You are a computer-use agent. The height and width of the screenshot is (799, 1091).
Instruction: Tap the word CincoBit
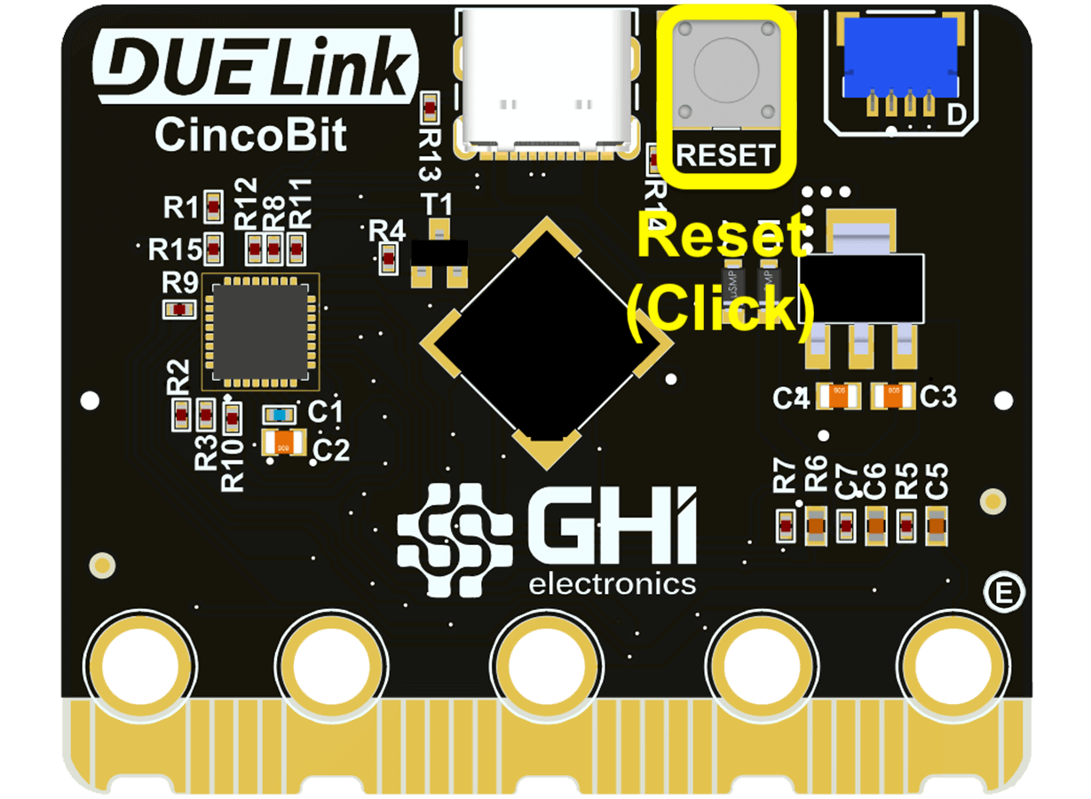(x=250, y=136)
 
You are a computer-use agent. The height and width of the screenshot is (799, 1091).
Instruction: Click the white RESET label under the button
(x=725, y=155)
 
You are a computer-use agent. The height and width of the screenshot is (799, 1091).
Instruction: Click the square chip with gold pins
(x=260, y=332)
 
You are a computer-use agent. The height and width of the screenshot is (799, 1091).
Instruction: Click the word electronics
(x=613, y=583)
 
